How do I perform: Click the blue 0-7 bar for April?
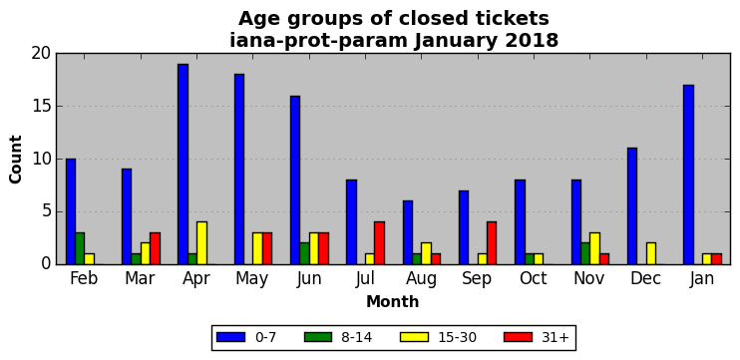[x=184, y=165]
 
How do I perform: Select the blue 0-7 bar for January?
[x=688, y=175]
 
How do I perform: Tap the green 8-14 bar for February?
[x=80, y=248]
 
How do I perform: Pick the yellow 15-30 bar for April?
[x=202, y=243]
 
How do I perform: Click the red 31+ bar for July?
[x=380, y=243]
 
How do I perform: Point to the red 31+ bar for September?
[x=492, y=243]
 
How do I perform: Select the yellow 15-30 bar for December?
[x=651, y=253]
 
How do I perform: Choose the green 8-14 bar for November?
[x=585, y=253]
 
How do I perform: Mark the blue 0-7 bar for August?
[x=408, y=232]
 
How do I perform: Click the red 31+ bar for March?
[x=156, y=248]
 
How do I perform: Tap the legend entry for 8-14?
[x=338, y=337]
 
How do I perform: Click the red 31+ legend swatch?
[x=519, y=337]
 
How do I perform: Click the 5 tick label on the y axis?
[x=45, y=211]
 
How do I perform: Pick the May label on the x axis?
[x=252, y=279]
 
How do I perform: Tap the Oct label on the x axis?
[x=534, y=278]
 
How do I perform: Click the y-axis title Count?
[x=16, y=159]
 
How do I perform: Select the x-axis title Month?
[x=393, y=301]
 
